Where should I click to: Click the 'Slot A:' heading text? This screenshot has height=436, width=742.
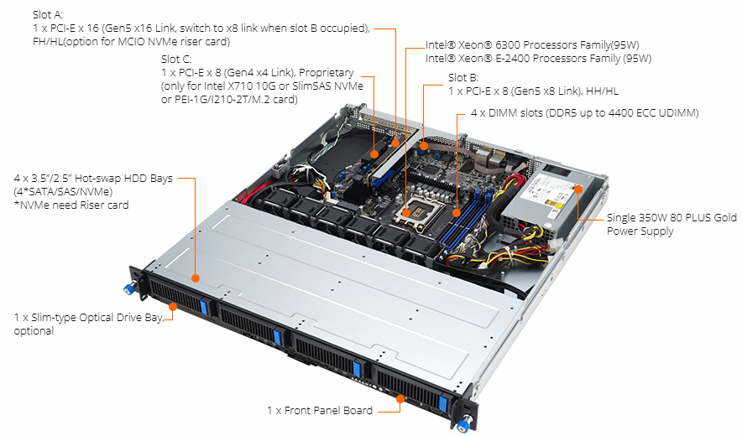pos(48,14)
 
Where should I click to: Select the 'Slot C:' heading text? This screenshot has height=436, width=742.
pos(176,59)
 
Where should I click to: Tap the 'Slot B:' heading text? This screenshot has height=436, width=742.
pos(463,77)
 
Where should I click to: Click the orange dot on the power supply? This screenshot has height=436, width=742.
pos(577,189)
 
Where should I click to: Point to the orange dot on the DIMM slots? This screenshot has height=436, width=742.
pos(457,213)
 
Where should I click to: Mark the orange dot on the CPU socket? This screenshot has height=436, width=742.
pos(406,214)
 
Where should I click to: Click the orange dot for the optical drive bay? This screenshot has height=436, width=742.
pos(173,306)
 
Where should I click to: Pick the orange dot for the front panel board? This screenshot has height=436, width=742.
pos(400,398)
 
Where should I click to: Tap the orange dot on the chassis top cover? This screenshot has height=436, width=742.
pos(195,278)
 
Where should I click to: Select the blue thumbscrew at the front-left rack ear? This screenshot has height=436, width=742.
pos(128,288)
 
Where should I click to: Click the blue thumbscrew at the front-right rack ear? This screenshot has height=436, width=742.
pos(463,423)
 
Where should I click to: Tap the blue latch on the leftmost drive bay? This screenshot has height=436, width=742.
pos(204,306)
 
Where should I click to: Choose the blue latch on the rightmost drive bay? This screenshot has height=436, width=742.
pos(443,403)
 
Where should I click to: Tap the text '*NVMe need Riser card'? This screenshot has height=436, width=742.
pos(71,205)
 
